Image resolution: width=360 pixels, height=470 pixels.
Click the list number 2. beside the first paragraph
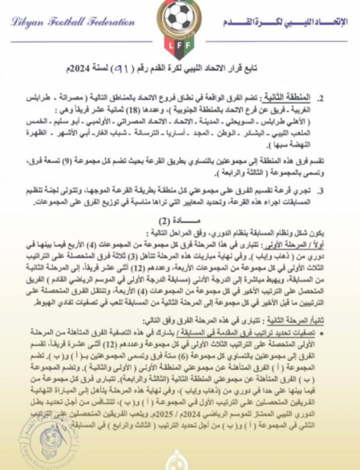tap(339, 98)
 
